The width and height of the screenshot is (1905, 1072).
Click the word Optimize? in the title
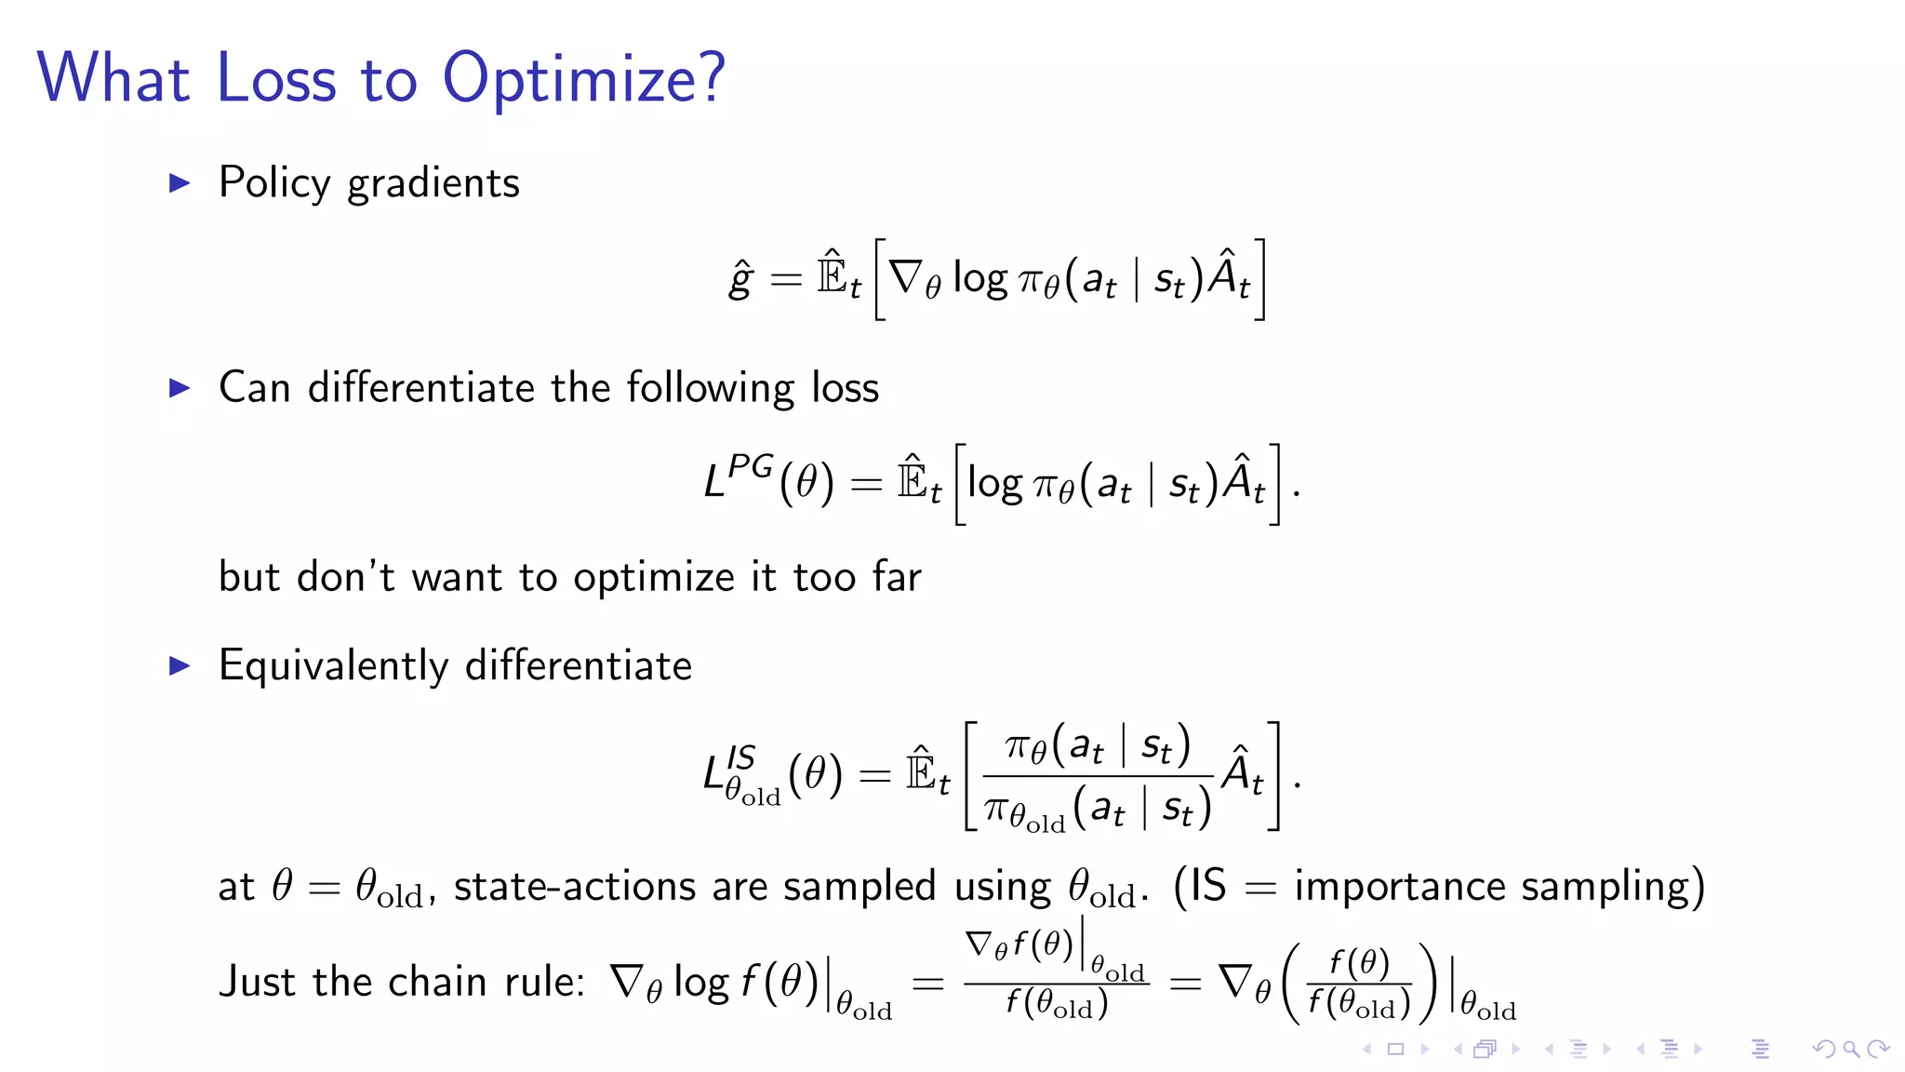click(583, 79)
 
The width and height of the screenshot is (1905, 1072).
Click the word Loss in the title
click(275, 79)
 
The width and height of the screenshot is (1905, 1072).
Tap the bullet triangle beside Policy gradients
click(180, 183)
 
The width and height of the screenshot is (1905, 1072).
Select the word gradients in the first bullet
click(433, 184)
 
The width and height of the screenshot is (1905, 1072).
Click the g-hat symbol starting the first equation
click(740, 278)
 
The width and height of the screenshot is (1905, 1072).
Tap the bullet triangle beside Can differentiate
click(180, 388)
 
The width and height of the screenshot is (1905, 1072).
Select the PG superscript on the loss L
click(751, 465)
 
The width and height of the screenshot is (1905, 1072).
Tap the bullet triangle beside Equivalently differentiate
click(180, 666)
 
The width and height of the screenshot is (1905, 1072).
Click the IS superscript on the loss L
click(741, 757)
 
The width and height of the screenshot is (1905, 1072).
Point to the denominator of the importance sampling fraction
click(1098, 810)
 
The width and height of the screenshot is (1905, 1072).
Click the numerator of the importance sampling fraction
click(1098, 746)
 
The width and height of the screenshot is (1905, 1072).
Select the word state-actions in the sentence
click(574, 886)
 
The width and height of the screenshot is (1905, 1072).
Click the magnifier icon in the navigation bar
click(1851, 1050)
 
